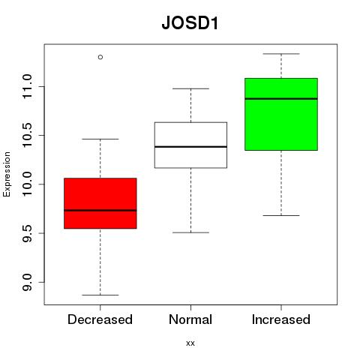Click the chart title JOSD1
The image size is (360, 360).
[190, 23]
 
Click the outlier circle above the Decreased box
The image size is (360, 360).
[100, 57]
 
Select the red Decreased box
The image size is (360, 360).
[100, 203]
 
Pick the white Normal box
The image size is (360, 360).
[190, 145]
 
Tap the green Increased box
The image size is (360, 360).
[281, 114]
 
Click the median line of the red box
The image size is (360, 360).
[100, 210]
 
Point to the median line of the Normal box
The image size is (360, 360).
[190, 147]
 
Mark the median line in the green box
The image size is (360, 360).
[281, 99]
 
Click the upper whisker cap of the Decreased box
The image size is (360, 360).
[100, 139]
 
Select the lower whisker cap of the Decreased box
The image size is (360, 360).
[100, 295]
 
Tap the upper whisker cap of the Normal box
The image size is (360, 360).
[190, 88]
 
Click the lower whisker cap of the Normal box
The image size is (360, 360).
[190, 232]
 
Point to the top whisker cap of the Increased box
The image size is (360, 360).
[281, 54]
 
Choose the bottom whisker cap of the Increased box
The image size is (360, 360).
[281, 215]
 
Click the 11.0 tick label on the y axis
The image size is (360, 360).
[27, 86]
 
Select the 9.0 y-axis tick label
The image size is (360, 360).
[27, 282]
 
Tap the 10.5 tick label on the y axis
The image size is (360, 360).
[27, 135]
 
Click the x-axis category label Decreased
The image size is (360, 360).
[100, 319]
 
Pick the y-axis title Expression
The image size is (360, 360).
[7, 174]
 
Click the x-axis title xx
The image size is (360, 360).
[190, 343]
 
